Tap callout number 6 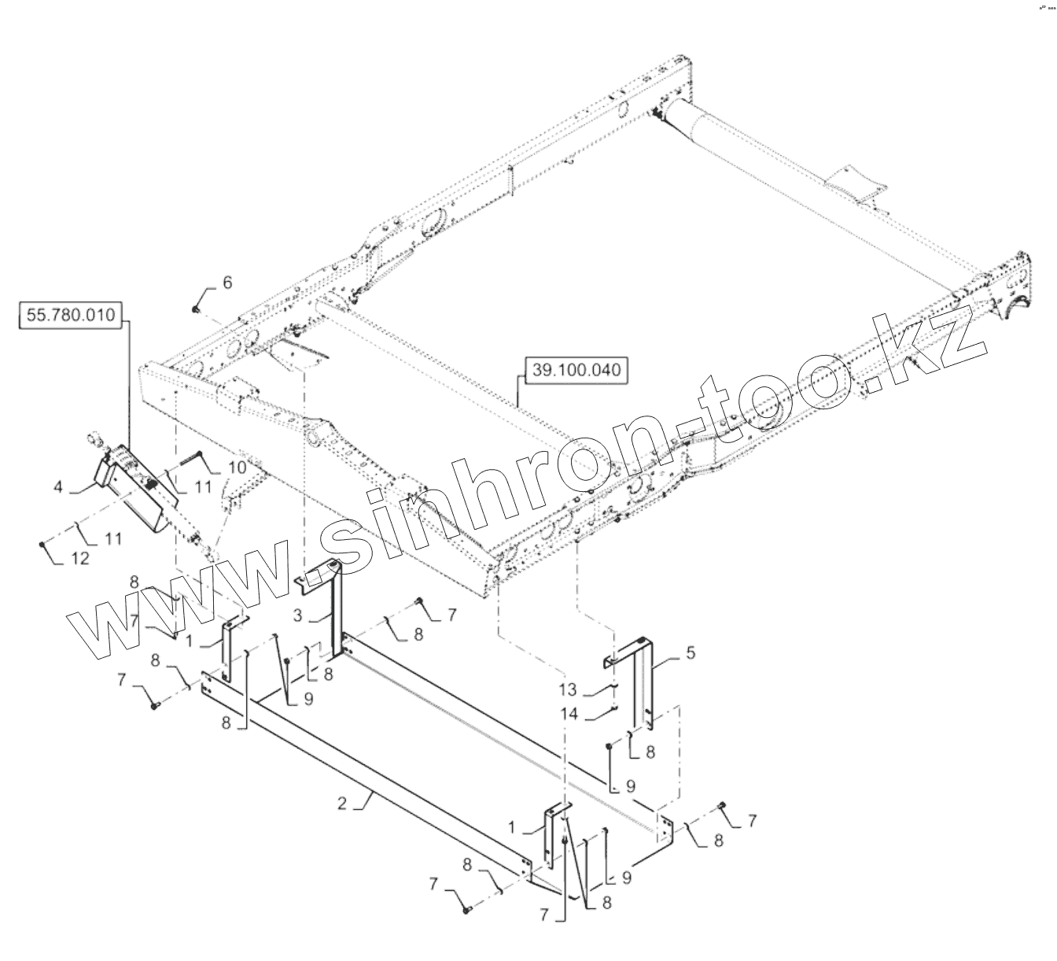pyautogui.click(x=227, y=283)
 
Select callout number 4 pyautogui.click(x=58, y=487)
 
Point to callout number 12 pyautogui.click(x=80, y=558)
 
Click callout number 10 pyautogui.click(x=237, y=466)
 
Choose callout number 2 pyautogui.click(x=343, y=803)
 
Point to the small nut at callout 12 pyautogui.click(x=41, y=543)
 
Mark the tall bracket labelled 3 pyautogui.click(x=337, y=606)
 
